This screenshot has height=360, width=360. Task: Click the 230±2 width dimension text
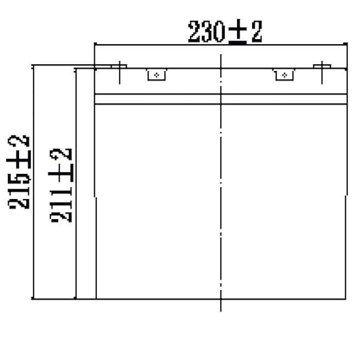click(225, 31)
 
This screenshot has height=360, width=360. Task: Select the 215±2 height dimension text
click(19, 172)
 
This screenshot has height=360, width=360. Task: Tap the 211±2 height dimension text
click(61, 186)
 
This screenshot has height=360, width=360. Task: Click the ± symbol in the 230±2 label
click(238, 31)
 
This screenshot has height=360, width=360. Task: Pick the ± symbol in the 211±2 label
click(61, 173)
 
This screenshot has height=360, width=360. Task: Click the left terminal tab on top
click(119, 66)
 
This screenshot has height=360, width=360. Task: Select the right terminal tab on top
click(322, 66)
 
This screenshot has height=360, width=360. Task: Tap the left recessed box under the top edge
click(156, 75)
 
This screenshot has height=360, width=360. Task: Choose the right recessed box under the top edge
click(284, 75)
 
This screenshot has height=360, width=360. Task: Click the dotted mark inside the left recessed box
click(156, 75)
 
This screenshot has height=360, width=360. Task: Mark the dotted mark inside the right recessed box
click(284, 75)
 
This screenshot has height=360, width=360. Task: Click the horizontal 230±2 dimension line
click(221, 45)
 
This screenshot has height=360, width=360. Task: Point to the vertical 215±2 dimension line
click(33, 182)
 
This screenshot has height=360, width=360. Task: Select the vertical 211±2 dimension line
click(76, 184)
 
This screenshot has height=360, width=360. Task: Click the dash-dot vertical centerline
click(221, 183)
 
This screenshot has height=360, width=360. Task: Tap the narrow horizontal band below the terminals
click(221, 99)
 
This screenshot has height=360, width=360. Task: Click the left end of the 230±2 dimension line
click(95, 45)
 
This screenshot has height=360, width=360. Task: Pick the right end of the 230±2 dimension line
click(347, 45)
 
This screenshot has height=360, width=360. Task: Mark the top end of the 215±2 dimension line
click(33, 65)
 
